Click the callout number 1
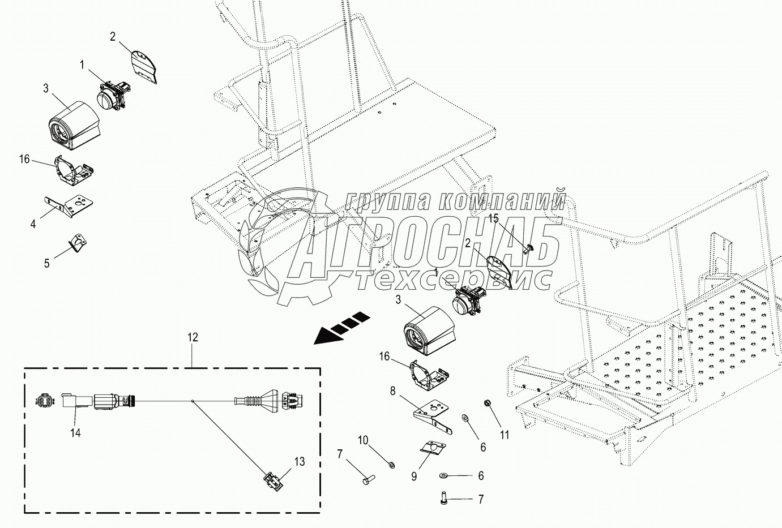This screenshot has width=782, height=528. (x=82, y=65)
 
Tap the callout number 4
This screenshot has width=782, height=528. (x=33, y=224)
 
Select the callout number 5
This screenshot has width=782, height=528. (x=47, y=263)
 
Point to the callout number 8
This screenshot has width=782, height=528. (x=391, y=390)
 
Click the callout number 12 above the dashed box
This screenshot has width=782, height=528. (x=193, y=337)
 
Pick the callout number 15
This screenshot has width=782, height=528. (x=494, y=218)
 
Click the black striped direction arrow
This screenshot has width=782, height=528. (x=341, y=328)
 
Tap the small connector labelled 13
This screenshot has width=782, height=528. (x=274, y=483)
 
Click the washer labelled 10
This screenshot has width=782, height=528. (x=391, y=465)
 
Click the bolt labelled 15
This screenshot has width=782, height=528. (x=527, y=248)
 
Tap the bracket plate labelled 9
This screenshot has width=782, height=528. (x=433, y=448)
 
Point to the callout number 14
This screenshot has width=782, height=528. (x=75, y=433)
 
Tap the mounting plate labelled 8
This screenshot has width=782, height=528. (x=434, y=415)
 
